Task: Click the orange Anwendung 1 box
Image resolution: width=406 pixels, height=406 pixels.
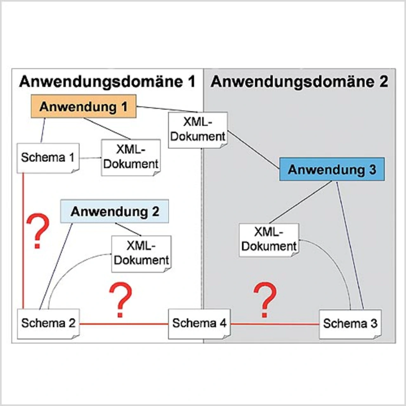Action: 83,107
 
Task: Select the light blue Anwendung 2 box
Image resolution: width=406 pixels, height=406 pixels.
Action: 115,211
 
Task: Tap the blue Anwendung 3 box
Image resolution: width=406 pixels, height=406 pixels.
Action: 332,169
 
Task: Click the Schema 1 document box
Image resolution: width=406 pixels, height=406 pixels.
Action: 48,158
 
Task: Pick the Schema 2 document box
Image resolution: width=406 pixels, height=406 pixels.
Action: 48,323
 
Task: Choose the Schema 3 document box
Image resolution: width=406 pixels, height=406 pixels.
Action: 350,324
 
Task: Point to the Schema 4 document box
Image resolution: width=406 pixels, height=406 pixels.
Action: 199,323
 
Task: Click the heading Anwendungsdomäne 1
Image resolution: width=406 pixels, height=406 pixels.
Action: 107,82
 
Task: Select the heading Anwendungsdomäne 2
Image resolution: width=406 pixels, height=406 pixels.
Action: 299,82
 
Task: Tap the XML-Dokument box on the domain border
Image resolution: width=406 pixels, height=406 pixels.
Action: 198,130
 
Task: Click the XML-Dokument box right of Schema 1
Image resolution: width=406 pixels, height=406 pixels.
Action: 131,157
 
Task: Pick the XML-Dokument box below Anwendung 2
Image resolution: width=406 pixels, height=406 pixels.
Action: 141,253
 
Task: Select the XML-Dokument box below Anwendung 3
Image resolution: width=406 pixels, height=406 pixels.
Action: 269,240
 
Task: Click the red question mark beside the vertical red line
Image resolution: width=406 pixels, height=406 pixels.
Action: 38,231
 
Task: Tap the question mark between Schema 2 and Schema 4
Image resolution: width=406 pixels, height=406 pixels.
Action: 120,300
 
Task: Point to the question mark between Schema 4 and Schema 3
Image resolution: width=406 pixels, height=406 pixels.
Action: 265,300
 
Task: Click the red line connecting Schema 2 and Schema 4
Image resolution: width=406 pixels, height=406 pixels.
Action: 124,324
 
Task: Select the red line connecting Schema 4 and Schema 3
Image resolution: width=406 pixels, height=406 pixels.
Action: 275,324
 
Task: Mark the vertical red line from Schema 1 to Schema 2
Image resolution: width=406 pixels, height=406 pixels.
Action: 23,241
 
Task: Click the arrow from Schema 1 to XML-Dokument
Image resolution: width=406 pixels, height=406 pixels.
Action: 90,158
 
